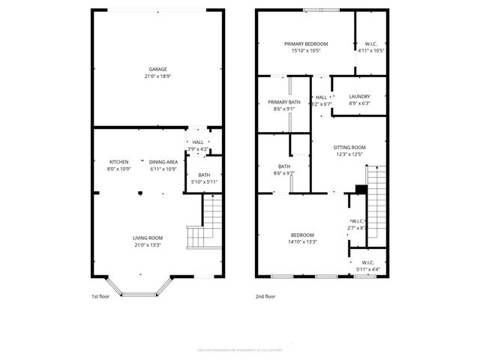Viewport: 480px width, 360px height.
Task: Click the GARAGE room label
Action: point(157,69)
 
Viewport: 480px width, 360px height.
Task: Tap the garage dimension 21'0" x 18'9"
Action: point(157,76)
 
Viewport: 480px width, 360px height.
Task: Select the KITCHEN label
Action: point(119,162)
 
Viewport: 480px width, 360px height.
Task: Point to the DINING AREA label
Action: point(163,162)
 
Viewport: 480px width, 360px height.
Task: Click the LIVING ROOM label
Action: point(148,237)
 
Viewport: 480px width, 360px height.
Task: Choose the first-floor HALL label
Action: point(198,142)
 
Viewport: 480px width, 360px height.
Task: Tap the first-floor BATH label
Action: point(204,175)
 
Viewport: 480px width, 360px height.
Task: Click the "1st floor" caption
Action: point(101,297)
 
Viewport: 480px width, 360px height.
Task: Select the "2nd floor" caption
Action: point(265,297)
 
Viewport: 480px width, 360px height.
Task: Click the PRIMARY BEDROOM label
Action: point(305,43)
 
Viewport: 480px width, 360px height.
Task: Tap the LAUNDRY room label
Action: point(359,95)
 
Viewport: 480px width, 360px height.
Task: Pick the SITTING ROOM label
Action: point(349,147)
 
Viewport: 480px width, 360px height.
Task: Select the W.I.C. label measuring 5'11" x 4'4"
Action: point(369,262)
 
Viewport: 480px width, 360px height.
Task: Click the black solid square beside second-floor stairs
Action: point(360,189)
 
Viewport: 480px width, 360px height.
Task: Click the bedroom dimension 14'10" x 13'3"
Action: point(302,241)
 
